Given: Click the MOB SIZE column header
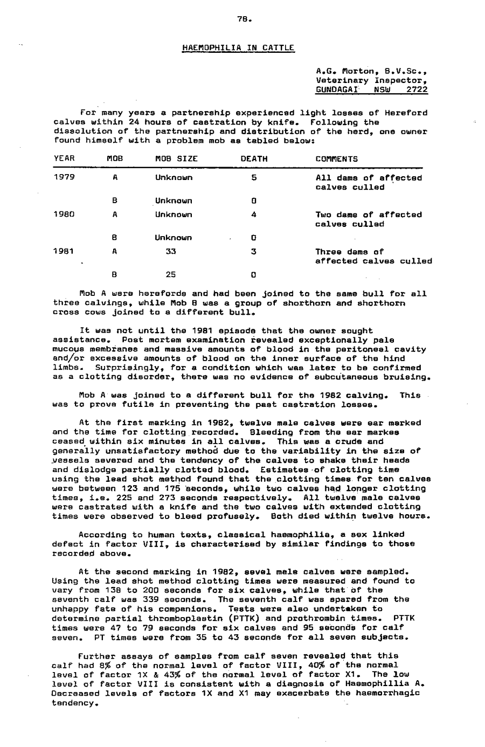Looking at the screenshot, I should [176, 159].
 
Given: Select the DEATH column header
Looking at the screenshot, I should [254, 159].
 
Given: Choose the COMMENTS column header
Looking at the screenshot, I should [336, 159].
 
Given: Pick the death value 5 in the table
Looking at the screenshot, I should [254, 178].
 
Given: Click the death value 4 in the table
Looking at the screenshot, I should [254, 215].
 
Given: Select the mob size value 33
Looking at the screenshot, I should [171, 251].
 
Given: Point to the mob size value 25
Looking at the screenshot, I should [171, 274].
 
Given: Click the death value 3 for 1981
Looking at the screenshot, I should [253, 251].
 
